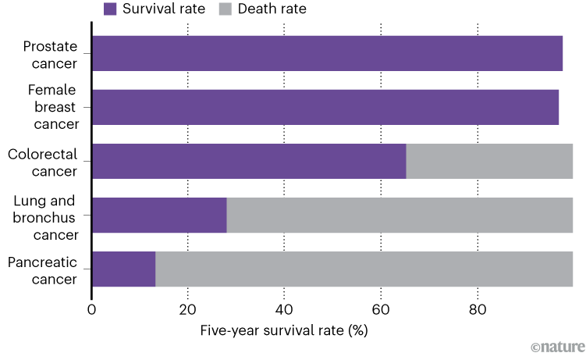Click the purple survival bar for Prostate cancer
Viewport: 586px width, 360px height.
tap(327, 53)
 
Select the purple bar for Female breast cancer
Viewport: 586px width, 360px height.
tap(325, 107)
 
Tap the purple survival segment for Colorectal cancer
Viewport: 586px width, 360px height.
tap(249, 161)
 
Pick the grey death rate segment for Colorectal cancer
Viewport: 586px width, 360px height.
tap(489, 161)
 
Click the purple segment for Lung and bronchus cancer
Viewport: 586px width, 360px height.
tap(159, 215)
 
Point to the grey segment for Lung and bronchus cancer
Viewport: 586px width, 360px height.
tap(400, 215)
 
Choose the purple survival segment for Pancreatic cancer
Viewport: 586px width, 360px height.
tap(123, 269)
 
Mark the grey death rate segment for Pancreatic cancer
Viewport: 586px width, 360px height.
tap(364, 269)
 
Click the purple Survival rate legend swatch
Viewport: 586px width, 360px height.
tap(110, 9)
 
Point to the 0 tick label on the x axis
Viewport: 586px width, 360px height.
tap(92, 309)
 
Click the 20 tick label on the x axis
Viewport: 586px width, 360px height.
tap(188, 309)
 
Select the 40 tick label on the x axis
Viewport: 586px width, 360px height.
tap(284, 309)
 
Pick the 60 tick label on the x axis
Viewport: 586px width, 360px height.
tap(381, 309)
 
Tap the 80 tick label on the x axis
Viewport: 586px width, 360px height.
tap(477, 309)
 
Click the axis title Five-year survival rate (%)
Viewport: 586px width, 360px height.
tap(284, 330)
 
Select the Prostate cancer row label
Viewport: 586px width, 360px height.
tap(51, 54)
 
